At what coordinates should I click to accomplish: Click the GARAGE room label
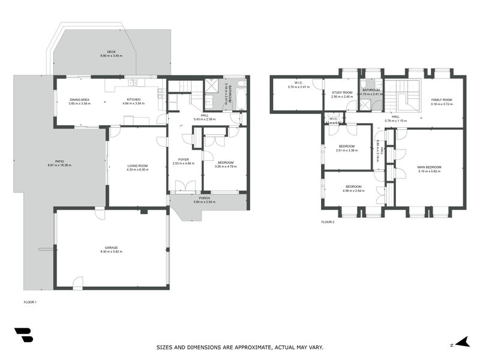[x=112, y=247]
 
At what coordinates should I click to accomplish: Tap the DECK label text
[x=112, y=52]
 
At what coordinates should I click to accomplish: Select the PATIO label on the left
[x=59, y=161]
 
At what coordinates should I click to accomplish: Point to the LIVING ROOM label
[x=137, y=166]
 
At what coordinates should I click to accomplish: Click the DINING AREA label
[x=79, y=100]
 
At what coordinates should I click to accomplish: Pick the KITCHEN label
[x=134, y=100]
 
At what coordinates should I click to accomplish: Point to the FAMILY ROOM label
[x=441, y=100]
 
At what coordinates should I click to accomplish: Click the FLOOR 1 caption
[x=30, y=302]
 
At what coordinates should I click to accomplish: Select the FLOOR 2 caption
[x=328, y=222]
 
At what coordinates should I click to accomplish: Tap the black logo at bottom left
[x=23, y=335]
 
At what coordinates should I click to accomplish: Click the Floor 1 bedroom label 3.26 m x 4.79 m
[x=225, y=163]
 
